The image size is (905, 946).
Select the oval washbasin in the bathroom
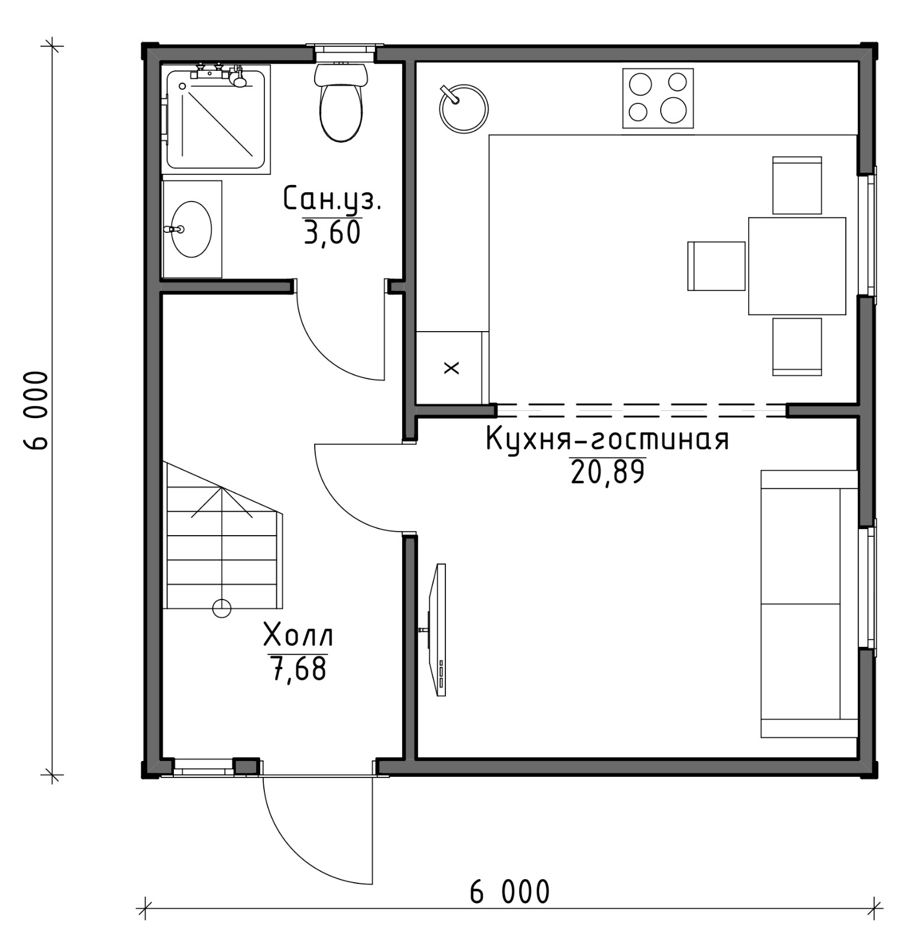tap(191, 229)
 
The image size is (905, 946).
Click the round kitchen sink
tap(463, 109)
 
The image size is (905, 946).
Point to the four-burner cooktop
tap(658, 98)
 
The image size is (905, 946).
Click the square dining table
tap(797, 266)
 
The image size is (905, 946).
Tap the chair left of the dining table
tap(716, 266)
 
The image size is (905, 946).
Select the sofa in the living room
tap(809, 604)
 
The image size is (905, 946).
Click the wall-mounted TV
tap(438, 630)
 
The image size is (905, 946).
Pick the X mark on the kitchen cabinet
tap(451, 368)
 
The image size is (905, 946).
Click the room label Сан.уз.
tap(332, 199)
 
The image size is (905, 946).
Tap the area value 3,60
tap(332, 232)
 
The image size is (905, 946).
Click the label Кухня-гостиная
tap(607, 439)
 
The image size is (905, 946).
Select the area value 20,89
tap(607, 472)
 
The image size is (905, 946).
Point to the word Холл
tap(298, 636)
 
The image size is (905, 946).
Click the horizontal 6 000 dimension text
tap(509, 892)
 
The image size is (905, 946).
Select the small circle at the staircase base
tap(222, 608)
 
